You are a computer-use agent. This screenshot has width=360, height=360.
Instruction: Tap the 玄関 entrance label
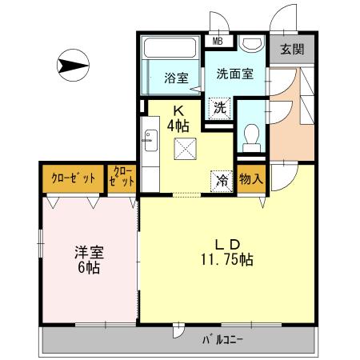pyautogui.click(x=292, y=49)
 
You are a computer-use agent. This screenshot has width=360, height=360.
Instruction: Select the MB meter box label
pyautogui.click(x=217, y=42)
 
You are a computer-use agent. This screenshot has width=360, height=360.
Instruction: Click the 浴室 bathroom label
pyautogui.click(x=176, y=78)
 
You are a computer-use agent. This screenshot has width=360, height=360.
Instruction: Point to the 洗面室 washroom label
pyautogui.click(x=234, y=74)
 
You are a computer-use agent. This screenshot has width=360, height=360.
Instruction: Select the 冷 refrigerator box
pyautogui.click(x=222, y=181)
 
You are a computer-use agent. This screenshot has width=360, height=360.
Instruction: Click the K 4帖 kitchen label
pyautogui.click(x=178, y=118)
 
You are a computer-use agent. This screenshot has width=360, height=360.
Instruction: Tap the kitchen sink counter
pyautogui.click(x=149, y=144)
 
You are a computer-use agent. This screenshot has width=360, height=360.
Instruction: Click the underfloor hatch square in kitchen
pyautogui.click(x=186, y=149)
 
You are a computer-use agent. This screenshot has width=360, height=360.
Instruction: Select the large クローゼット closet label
pyautogui.click(x=73, y=177)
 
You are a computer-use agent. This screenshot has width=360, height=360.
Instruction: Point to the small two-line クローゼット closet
pyautogui.click(x=122, y=177)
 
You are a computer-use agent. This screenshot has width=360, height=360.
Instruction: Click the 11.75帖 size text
pyautogui.click(x=228, y=261)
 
